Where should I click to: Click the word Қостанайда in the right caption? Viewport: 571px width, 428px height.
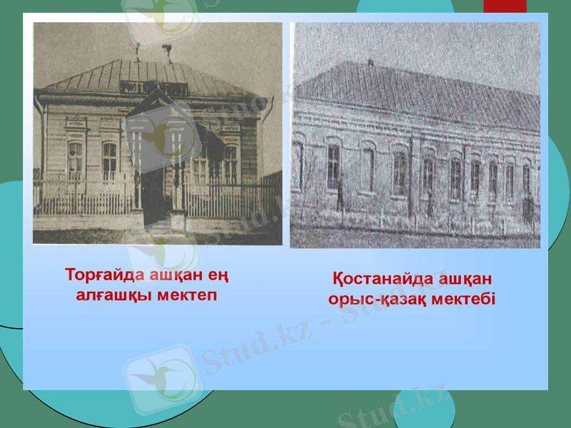[x=378, y=278]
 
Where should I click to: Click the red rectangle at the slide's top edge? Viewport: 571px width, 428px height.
[x=505, y=6]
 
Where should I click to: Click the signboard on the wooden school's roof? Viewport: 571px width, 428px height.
[x=153, y=87]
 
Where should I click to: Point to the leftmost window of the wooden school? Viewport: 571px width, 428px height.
[x=75, y=160]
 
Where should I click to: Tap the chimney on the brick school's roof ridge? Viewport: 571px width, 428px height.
[x=369, y=63]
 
